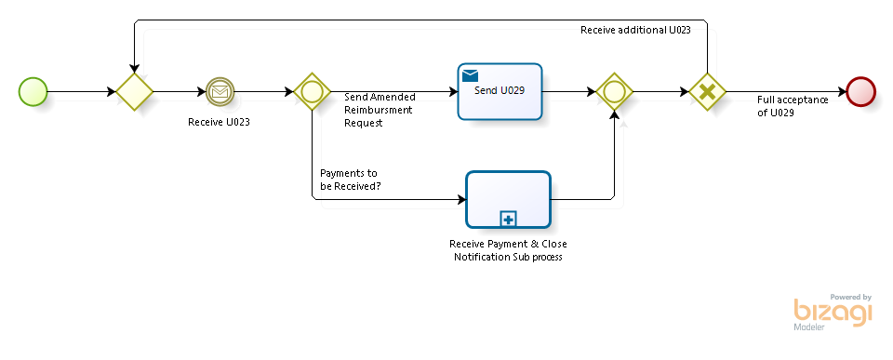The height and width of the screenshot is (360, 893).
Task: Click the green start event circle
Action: pos(33,92)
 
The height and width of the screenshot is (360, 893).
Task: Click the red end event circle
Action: pos(860,92)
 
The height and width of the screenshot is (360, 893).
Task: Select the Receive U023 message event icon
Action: pos(220,92)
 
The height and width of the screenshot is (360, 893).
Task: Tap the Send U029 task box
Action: pos(500,91)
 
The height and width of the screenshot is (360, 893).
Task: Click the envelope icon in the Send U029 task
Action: pos(470,75)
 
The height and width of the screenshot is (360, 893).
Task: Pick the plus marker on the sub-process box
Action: pos(508,219)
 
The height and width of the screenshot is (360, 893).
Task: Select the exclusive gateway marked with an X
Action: pos(707,92)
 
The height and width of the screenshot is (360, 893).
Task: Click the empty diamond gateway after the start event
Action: pos(134,92)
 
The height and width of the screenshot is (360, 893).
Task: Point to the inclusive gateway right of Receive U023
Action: pos(313,92)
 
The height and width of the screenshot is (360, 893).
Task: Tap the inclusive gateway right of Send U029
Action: pos(615,92)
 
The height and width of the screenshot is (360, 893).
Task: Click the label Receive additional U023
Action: pos(635,30)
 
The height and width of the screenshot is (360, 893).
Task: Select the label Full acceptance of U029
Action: pos(793,106)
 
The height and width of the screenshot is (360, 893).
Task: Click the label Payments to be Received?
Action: pos(351,180)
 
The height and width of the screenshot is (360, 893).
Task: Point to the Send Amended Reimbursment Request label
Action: pos(380,110)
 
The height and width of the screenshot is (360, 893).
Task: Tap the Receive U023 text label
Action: pos(219,122)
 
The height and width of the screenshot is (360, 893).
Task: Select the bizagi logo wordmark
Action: pos(833,313)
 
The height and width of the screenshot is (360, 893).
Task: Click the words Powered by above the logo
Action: pos(851,297)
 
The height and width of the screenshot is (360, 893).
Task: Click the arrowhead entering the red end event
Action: pos(842,92)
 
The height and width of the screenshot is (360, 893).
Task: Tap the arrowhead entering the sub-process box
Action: pos(462,199)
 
